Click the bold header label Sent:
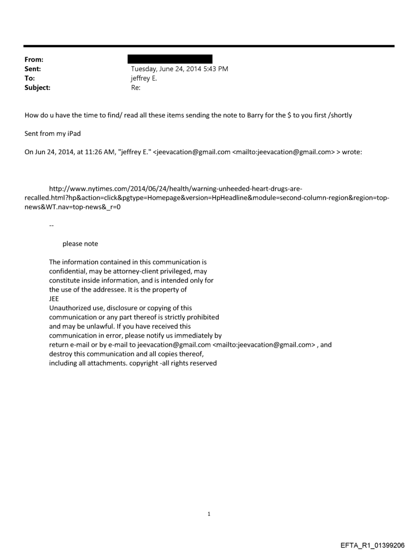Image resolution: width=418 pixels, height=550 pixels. click(34, 68)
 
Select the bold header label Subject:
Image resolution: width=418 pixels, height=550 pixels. click(37, 88)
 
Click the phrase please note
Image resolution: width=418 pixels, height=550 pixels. click(80, 244)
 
